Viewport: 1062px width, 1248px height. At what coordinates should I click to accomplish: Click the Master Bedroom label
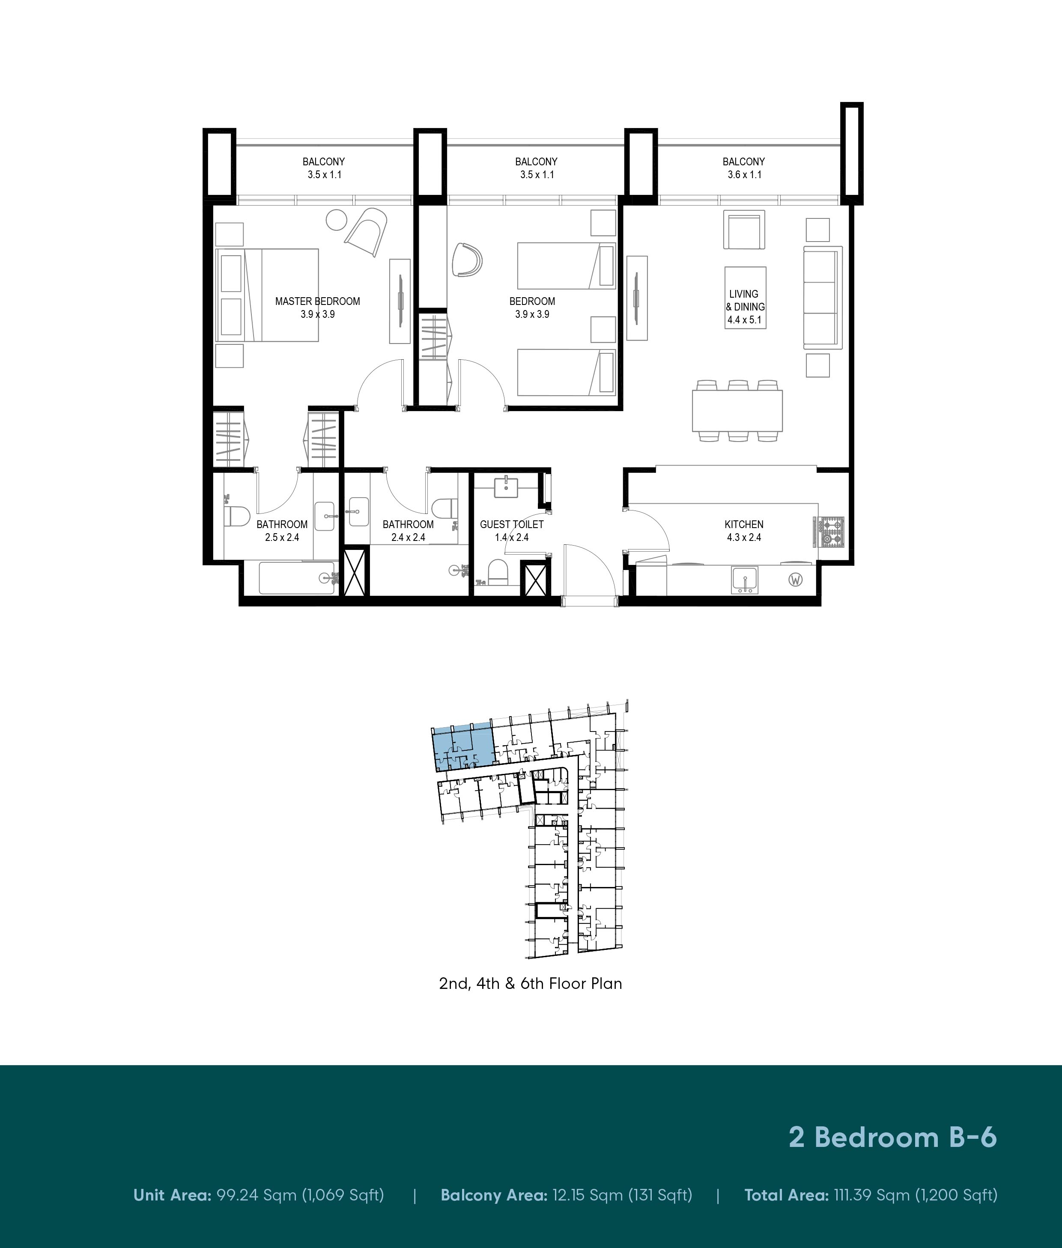coord(317,301)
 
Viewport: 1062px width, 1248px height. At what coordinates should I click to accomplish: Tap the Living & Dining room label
coord(745,300)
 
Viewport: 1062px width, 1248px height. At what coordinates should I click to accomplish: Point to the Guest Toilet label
coord(512,524)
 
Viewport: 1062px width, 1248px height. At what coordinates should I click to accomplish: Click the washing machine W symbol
coord(795,580)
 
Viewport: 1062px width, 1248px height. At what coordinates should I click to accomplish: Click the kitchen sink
coord(745,580)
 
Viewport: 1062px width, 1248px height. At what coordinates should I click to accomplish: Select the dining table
coord(737,411)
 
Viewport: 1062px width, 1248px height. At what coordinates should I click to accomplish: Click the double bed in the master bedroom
coord(267,295)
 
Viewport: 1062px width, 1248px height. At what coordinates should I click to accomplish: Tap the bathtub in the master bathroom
coord(298,578)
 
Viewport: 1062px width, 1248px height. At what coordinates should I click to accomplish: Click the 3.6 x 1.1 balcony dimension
coord(744,175)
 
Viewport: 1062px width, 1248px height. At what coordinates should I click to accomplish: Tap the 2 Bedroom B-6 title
coord(893,1137)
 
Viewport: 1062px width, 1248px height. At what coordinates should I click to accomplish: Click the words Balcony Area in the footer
coord(494,1194)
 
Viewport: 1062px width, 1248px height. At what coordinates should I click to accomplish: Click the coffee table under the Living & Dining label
coord(745,297)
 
